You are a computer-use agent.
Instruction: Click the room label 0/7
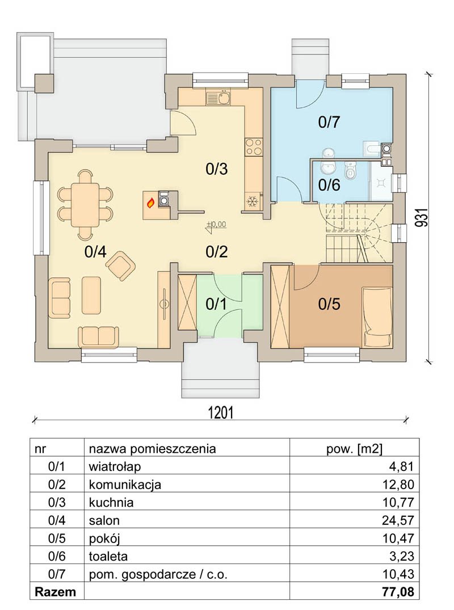click(329, 122)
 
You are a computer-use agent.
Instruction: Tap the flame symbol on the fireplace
click(150, 203)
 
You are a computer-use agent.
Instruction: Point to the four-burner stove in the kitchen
click(253, 147)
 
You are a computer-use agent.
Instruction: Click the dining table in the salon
click(85, 205)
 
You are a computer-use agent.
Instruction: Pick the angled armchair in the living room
click(121, 266)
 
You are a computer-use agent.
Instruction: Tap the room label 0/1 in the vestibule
click(216, 304)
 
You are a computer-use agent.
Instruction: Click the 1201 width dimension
click(221, 412)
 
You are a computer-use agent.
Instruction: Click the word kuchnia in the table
click(111, 502)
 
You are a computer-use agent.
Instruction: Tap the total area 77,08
click(398, 592)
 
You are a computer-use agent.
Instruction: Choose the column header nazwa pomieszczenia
click(152, 449)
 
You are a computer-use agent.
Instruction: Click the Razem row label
click(55, 592)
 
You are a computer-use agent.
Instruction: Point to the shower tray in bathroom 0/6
click(380, 181)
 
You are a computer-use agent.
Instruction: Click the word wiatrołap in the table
click(115, 466)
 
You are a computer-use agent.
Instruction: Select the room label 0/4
click(95, 252)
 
